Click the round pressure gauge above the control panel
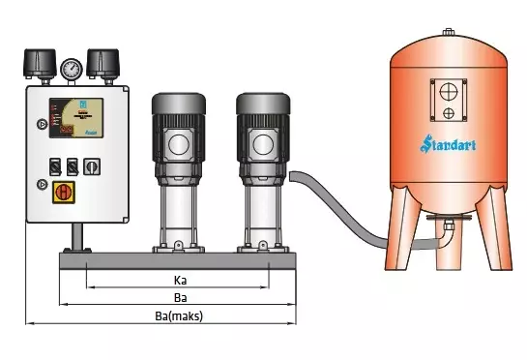click(70, 69)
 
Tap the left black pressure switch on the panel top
click(39, 63)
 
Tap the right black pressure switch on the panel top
click(102, 63)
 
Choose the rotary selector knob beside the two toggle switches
click(93, 165)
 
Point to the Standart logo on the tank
click(449, 146)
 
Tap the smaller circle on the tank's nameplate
click(448, 113)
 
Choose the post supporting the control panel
click(74, 235)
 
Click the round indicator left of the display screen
click(41, 124)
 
